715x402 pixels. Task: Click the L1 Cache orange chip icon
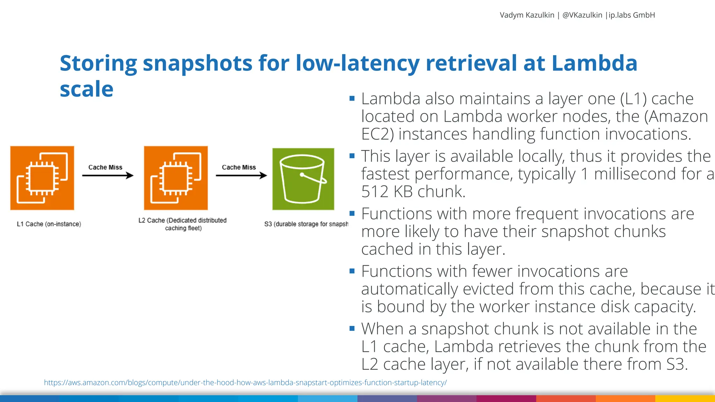42,178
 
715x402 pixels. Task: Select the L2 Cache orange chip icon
176,178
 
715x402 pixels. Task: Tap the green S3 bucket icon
303,179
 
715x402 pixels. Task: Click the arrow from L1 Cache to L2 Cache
108,175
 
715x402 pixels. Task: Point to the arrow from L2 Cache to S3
241,175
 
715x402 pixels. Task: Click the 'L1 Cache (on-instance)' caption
49,224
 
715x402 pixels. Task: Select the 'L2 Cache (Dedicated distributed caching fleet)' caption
183,224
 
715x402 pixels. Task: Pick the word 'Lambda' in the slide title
594,64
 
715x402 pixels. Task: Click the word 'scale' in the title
87,89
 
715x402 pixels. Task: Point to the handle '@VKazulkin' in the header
582,15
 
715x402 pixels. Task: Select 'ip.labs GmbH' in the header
632,15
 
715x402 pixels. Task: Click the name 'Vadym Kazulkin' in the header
527,15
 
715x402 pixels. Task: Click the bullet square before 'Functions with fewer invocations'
352,271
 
